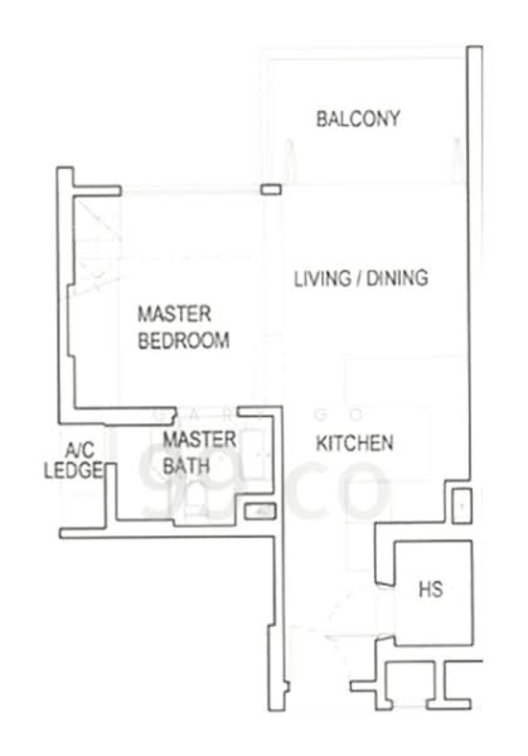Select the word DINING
397,278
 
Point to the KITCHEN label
355,443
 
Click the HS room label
430,590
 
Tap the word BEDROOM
183,340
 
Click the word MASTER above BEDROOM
174,314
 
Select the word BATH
186,466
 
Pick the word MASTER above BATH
199,440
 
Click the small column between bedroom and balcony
271,190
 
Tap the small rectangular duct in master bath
260,512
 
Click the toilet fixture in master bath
191,503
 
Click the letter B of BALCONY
321,119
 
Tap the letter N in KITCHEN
387,443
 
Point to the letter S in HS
437,590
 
